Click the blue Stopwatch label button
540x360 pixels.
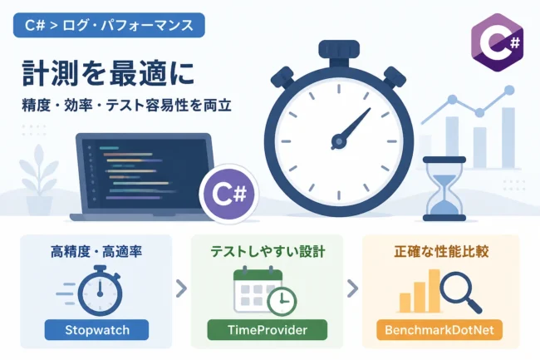coord(96,330)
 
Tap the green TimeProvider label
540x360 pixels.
coord(268,330)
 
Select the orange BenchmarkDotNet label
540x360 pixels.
coord(439,330)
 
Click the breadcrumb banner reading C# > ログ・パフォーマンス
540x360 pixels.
coord(109,25)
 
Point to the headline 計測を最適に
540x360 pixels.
coord(109,73)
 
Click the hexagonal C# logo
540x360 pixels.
coord(497,42)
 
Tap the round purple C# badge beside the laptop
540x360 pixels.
coord(229,194)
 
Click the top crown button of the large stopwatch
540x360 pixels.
coord(339,49)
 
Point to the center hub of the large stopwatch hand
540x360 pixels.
coord(338,141)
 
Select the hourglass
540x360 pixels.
coord(444,189)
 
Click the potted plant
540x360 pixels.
coord(39,180)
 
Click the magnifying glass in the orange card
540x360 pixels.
coord(460,292)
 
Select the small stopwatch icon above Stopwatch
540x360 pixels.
coord(100,291)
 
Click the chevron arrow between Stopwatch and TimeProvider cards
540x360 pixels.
coord(181,288)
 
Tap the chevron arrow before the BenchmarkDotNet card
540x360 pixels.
coord(352,288)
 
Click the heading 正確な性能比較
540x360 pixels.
coord(441,252)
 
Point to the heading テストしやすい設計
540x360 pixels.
coord(268,252)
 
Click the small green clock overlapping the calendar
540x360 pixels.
coord(282,302)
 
